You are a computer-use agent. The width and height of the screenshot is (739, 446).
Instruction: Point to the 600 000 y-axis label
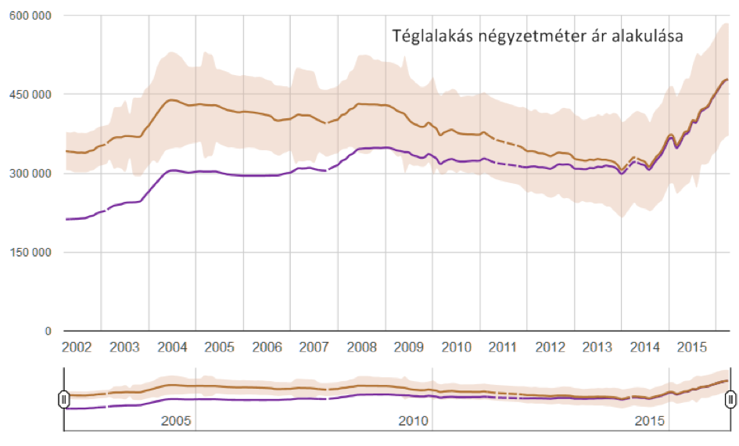[30, 16]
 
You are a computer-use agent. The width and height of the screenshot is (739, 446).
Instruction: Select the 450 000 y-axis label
[30, 95]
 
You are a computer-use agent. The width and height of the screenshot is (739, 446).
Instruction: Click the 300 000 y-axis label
[30, 174]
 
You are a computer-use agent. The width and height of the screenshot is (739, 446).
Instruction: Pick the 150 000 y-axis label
[30, 253]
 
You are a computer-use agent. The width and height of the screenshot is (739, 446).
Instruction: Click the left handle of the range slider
[64, 400]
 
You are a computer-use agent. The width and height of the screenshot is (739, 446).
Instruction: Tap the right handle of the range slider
[730, 400]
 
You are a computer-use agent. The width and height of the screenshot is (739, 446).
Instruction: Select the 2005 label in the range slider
[176, 421]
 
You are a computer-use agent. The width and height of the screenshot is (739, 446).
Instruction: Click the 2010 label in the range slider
[413, 421]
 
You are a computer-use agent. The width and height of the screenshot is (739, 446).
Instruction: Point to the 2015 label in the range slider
[650, 421]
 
